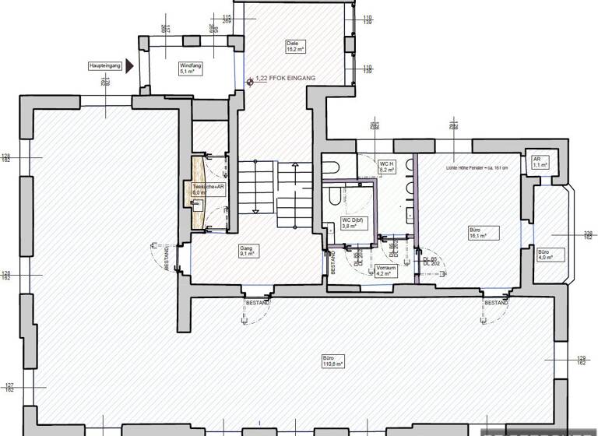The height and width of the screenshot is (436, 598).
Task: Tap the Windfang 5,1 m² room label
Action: pos(191,69)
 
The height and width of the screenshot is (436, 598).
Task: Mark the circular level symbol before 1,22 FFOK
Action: pos(248,80)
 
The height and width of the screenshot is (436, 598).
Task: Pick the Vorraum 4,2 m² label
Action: pos(385,271)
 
